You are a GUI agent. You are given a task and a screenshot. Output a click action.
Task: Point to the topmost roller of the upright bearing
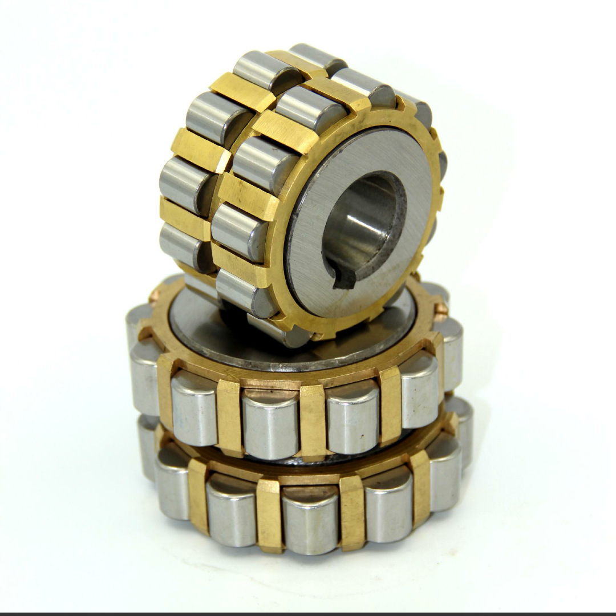click(x=317, y=57)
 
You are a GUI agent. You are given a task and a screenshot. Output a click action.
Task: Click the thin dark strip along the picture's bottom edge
click(x=308, y=614)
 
